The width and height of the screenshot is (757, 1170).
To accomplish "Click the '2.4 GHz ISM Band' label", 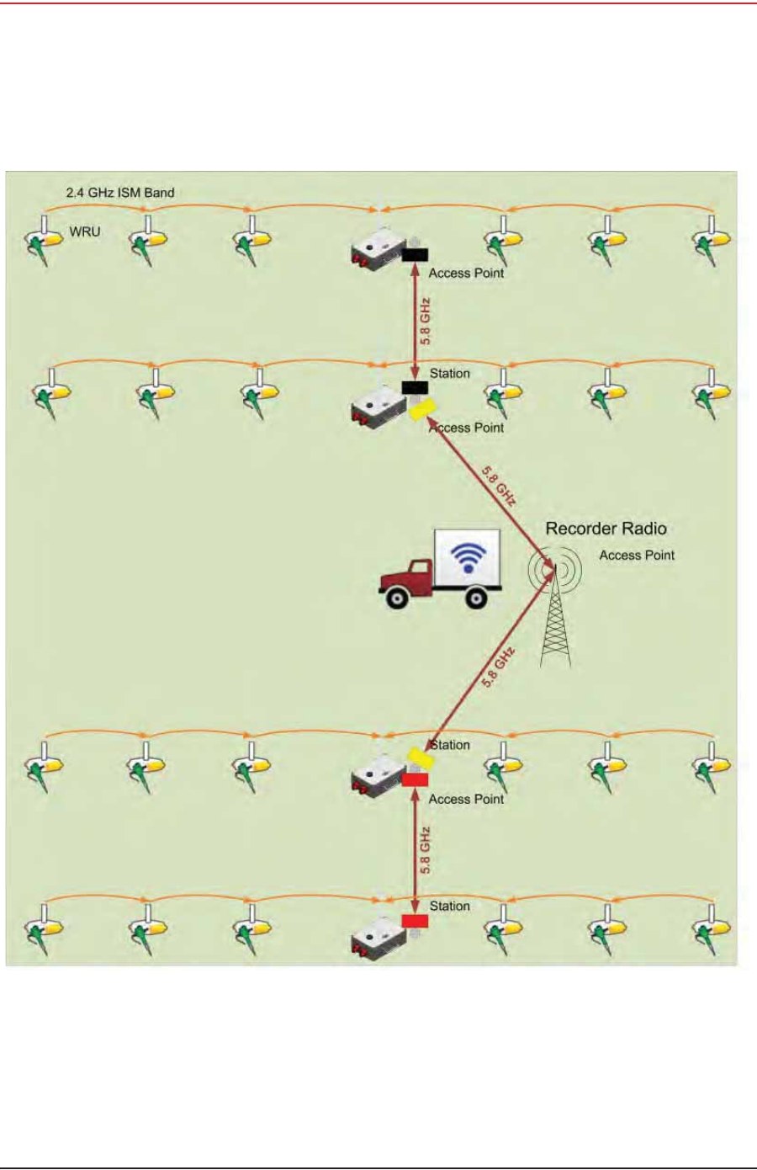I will coord(120,193).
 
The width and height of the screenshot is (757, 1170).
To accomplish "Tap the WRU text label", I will coord(85,231).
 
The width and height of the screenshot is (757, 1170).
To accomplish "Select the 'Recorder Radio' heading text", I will coord(606,529).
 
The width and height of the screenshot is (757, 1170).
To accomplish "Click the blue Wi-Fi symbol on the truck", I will coord(468,557).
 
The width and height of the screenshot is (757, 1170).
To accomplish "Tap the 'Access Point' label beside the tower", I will coord(637,556).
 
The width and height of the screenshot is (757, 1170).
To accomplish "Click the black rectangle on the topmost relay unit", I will coord(415,254).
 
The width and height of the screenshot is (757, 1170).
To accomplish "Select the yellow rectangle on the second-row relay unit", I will coord(421,409).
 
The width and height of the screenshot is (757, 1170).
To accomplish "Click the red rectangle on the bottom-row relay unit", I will coord(415,921).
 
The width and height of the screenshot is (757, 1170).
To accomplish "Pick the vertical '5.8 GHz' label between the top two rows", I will coord(426,321).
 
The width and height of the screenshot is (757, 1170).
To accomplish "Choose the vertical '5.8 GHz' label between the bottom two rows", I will coord(426,850).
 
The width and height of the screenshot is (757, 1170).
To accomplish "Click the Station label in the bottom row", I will coord(449,907).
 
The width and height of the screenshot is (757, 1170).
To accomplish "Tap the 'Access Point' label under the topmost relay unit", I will coord(466,274).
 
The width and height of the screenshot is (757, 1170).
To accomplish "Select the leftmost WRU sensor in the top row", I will coord(44,241).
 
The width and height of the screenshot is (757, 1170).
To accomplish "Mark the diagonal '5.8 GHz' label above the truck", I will coord(498,486).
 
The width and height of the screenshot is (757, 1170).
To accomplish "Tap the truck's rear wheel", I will coord(476,598).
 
